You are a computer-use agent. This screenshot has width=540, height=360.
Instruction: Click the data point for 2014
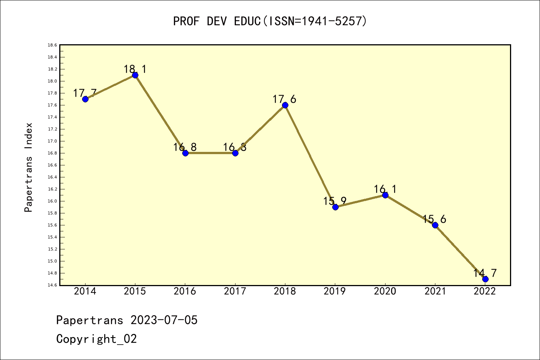coord(85,99)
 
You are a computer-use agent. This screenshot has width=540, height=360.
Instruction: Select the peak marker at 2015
coord(135,75)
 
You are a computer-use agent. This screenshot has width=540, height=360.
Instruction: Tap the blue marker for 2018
coord(285,105)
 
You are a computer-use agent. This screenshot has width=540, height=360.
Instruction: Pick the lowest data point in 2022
coord(485,279)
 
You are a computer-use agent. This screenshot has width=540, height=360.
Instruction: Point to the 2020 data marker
coord(385,195)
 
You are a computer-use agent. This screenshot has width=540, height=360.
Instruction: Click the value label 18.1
coord(135,69)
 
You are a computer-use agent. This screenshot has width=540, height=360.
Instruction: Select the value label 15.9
coord(335,201)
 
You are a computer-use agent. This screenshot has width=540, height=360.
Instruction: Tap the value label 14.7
coord(485,273)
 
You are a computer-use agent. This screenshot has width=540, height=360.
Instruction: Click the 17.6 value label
coord(284,99)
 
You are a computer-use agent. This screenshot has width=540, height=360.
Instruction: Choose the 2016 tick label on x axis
coord(185,291)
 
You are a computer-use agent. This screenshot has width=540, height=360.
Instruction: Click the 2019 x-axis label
coord(335,291)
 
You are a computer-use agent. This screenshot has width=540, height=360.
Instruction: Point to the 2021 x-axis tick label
coord(435,291)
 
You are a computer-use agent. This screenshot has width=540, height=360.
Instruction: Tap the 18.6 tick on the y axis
coord(52,45)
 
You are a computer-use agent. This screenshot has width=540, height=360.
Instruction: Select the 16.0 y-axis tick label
coord(52,201)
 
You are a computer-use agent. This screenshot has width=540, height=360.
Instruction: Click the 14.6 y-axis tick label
coord(52,285)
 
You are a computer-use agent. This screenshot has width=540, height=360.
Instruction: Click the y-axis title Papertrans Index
coord(28,167)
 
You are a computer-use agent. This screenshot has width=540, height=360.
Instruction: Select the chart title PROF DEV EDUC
coord(270,21)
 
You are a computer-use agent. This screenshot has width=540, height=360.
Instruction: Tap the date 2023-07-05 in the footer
coord(164,320)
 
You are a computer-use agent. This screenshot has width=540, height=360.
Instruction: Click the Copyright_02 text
coord(96,339)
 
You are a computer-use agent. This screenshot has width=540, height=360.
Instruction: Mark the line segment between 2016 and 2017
coord(210,153)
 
